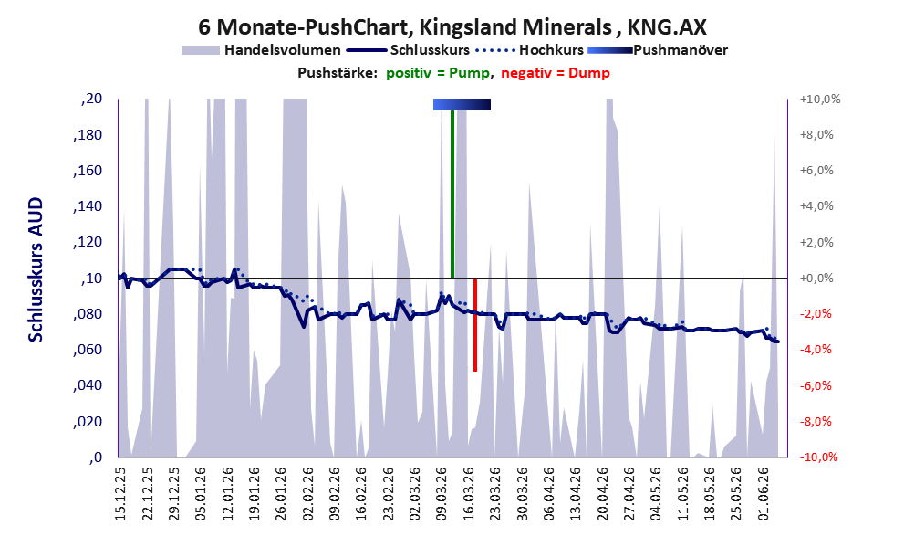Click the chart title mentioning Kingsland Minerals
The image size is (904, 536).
click(x=452, y=26)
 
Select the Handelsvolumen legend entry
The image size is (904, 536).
click(x=261, y=50)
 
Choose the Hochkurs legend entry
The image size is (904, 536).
click(x=529, y=50)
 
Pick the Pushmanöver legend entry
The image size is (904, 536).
click(x=658, y=50)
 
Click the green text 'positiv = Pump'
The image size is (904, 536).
click(x=439, y=73)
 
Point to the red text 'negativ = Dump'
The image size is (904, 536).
click(x=556, y=73)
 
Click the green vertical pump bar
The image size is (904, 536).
click(x=452, y=194)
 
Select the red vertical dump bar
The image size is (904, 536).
click(x=475, y=325)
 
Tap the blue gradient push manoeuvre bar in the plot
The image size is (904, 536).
click(x=462, y=104)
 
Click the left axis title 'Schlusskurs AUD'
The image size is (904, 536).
click(x=36, y=269)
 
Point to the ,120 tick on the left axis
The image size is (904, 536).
click(x=88, y=242)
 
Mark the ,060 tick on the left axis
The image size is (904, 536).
click(x=88, y=349)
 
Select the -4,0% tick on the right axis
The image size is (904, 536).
click(x=816, y=350)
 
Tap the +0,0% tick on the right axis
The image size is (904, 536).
click(x=816, y=279)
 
